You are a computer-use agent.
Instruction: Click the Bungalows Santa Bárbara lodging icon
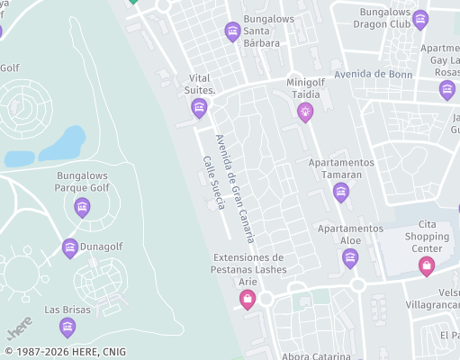(x=233, y=32)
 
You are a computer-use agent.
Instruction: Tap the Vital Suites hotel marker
(x=200, y=109)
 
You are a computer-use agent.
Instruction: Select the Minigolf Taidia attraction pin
(x=305, y=112)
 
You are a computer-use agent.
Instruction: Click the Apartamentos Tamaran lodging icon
(x=340, y=192)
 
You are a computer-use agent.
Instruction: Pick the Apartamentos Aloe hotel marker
(x=350, y=259)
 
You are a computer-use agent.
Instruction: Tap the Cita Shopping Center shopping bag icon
(x=427, y=265)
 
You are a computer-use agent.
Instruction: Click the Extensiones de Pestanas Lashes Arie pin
(x=248, y=299)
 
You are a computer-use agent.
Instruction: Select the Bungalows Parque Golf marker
(x=82, y=208)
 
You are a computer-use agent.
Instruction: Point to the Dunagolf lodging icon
(x=70, y=247)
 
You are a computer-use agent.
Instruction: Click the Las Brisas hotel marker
(x=68, y=327)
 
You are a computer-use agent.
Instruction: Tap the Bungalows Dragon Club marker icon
(x=419, y=21)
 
